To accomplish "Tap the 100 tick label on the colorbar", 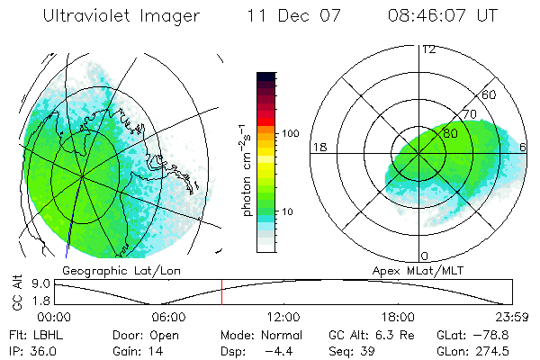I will (290, 133).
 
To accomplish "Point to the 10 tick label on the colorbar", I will (287, 211).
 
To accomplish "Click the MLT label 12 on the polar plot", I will (428, 49).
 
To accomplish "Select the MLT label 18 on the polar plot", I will (318, 147).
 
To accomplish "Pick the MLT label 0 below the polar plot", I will (425, 256).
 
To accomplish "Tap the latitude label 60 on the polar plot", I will (490, 94).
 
